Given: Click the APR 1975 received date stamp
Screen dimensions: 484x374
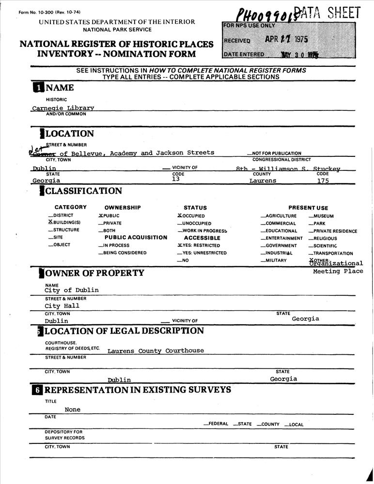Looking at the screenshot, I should (x=289, y=40).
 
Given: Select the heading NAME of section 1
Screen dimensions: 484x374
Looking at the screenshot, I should (x=60, y=88).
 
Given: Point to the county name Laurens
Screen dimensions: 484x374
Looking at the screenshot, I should (x=263, y=181).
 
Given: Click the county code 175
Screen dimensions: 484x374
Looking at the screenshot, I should (x=323, y=181).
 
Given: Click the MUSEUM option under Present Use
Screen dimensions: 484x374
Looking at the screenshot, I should (x=323, y=216).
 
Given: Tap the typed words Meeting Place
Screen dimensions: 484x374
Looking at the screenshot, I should (x=338, y=272).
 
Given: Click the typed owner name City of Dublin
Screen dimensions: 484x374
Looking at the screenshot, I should (x=71, y=290).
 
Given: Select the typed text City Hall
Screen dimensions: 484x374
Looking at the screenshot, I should (x=62, y=306).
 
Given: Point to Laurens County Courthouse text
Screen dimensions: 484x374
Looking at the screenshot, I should (x=156, y=350).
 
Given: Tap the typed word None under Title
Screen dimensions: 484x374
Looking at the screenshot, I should (x=73, y=409).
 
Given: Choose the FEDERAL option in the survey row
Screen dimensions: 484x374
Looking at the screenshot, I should (x=218, y=424).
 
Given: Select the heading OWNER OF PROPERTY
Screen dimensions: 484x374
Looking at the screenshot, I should (x=94, y=273).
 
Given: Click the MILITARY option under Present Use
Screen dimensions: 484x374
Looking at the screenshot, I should (x=276, y=260).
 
